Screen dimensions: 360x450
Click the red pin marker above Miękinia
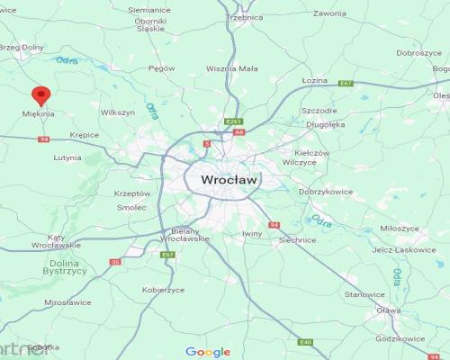coord(40,95)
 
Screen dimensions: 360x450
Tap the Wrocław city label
coord(229,180)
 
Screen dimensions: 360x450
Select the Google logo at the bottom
coord(208,352)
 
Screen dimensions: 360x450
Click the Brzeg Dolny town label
coord(20,47)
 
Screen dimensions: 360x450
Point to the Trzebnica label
coord(245,17)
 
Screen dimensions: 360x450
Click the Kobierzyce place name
coord(163,290)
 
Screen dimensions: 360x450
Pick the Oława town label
coord(389,310)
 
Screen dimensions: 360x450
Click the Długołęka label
coord(325,125)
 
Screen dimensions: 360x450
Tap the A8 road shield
coord(238,132)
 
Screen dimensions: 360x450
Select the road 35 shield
coord(114,262)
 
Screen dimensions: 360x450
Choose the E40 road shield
coord(306,343)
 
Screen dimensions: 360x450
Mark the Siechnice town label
coord(298,240)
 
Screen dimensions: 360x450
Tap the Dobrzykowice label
coord(325,192)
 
